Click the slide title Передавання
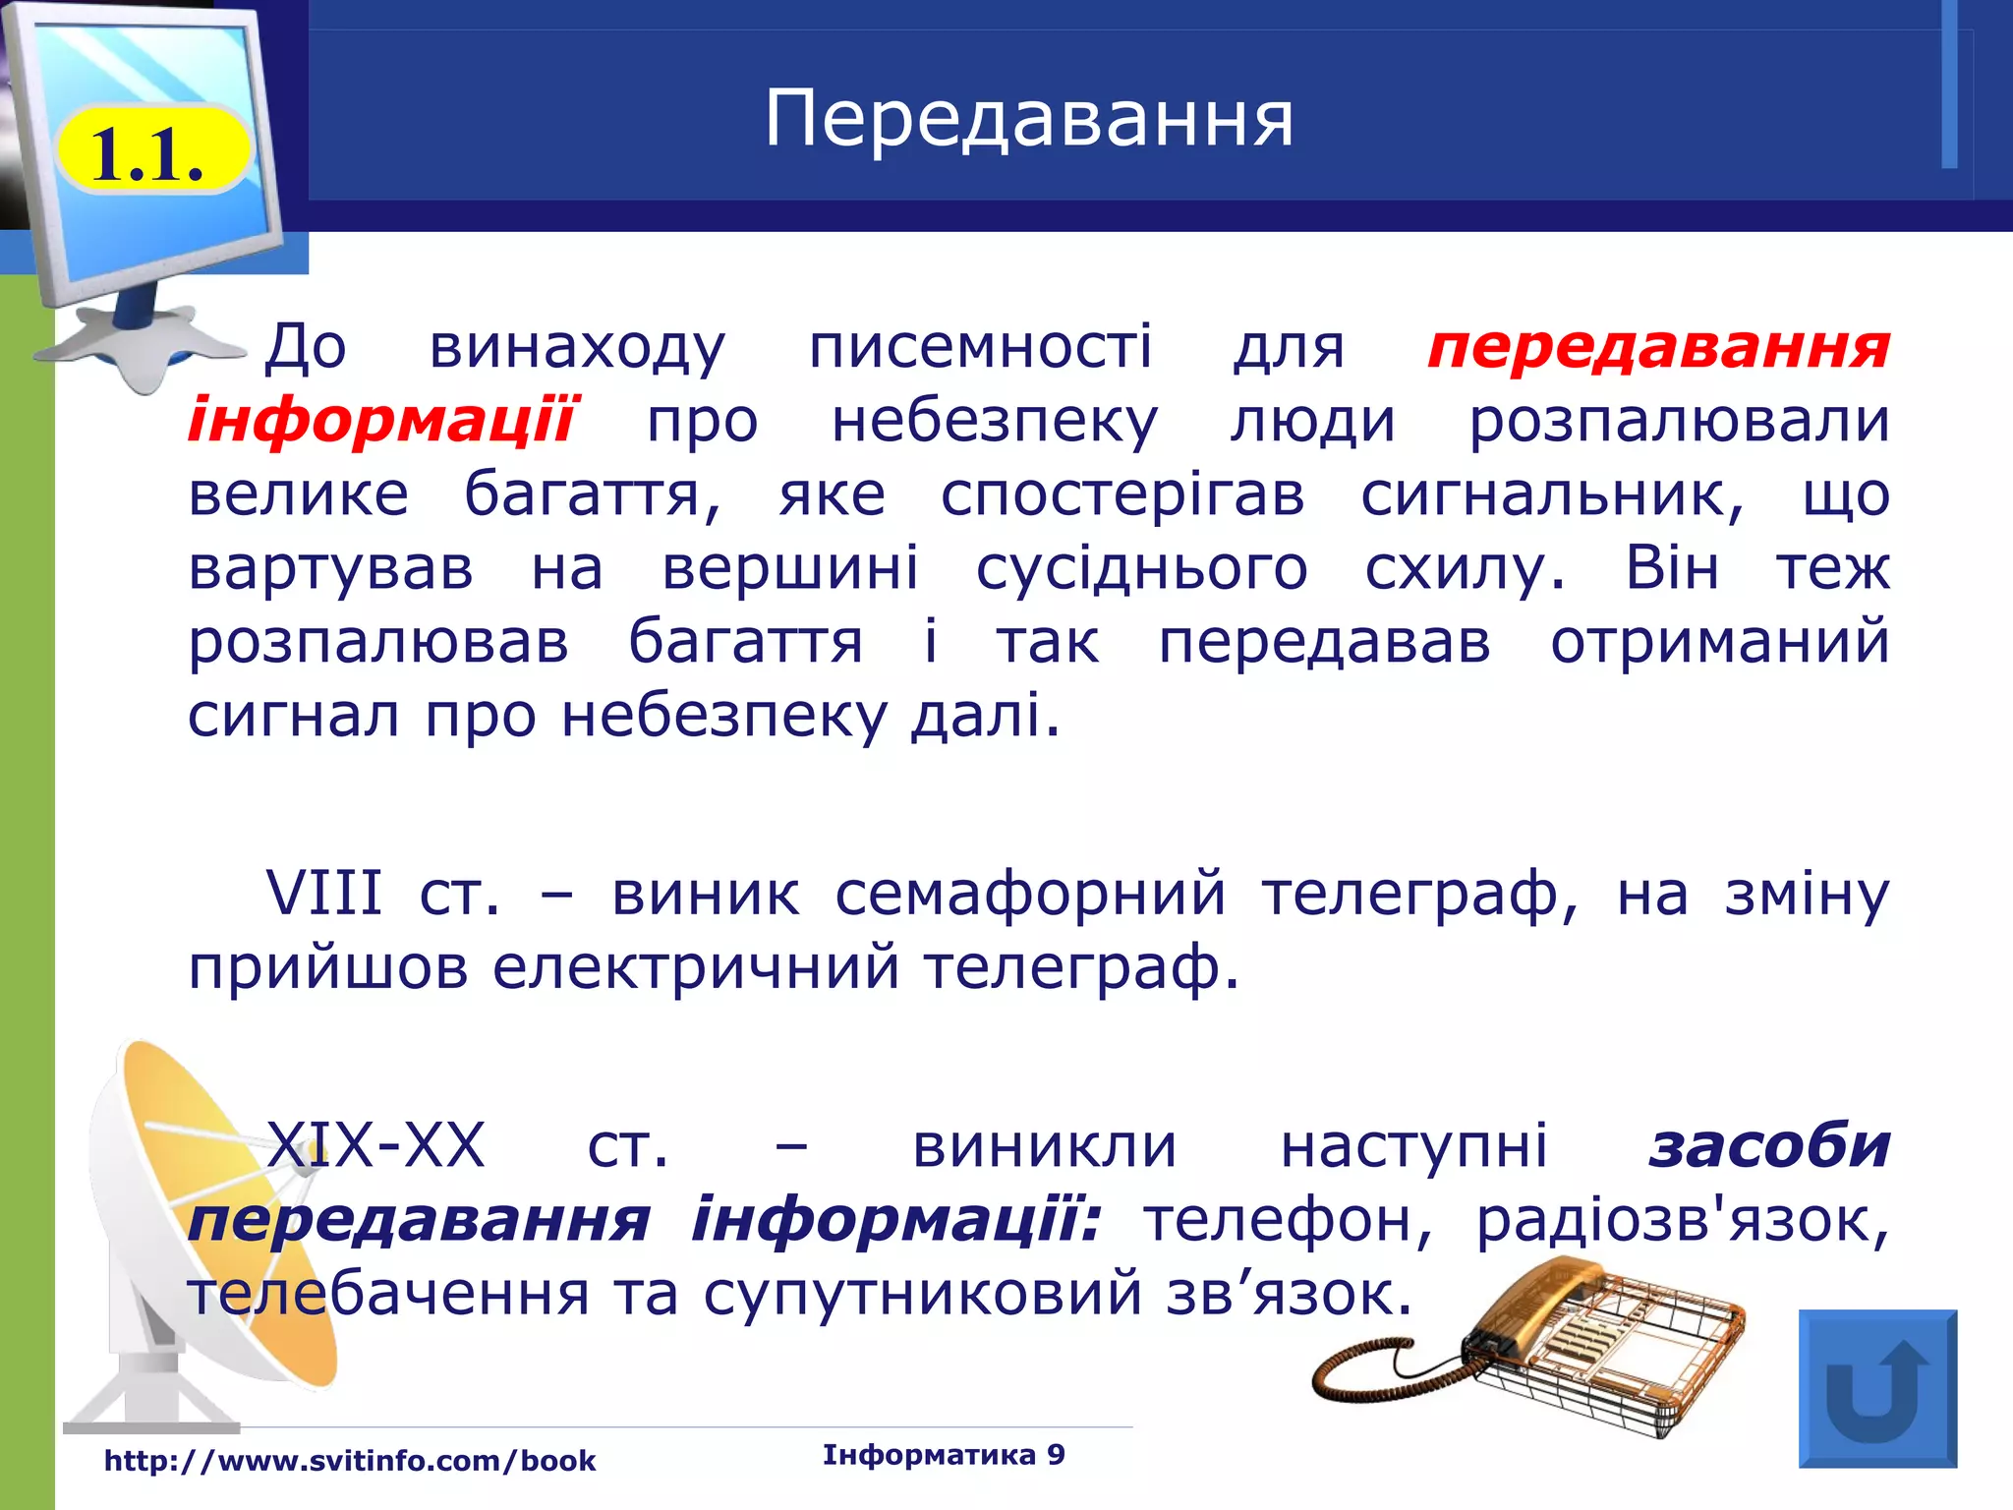[1029, 119]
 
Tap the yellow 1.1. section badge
[149, 153]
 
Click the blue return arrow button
[1877, 1388]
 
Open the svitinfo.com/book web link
[350, 1461]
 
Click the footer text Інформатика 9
[944, 1455]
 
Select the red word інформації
[381, 421]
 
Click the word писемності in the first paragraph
[980, 347]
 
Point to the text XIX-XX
[376, 1146]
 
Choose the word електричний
[696, 967]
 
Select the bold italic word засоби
[1769, 1146]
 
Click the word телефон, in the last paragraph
[1288, 1221]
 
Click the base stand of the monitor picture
[138, 344]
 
